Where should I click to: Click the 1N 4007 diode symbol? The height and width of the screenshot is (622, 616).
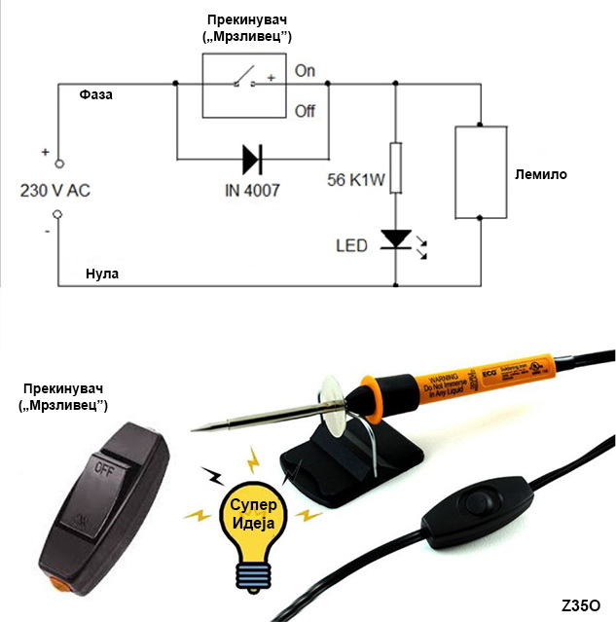click(252, 157)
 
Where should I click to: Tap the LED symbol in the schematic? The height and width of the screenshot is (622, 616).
click(395, 238)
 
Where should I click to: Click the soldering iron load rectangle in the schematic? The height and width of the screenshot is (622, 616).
click(482, 171)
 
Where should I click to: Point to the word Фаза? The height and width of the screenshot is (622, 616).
click(97, 95)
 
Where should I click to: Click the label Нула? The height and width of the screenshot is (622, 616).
click(101, 274)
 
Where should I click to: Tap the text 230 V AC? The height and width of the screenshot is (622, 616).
click(55, 192)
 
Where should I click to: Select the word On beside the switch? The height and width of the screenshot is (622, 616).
click(306, 71)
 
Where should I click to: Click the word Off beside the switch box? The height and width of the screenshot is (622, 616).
click(306, 111)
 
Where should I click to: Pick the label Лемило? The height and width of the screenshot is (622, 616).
click(541, 175)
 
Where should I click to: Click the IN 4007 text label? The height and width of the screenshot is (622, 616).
click(251, 190)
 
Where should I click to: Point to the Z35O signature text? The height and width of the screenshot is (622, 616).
click(580, 605)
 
